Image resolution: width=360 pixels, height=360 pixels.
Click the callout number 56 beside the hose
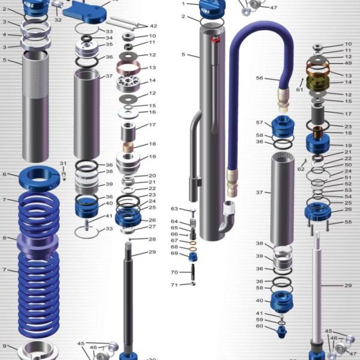click(x=260, y=78)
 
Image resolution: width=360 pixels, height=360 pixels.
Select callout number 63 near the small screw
click(x=174, y=209)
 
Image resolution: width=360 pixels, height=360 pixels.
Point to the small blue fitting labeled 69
click(x=194, y=256)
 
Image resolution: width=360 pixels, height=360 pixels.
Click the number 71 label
click(x=174, y=284)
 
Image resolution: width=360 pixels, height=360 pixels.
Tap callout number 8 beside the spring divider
click(x=5, y=238)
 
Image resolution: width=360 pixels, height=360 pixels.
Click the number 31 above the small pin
click(x=63, y=164)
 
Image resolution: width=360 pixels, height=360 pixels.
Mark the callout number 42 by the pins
click(x=153, y=26)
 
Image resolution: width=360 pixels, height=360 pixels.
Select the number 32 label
click(x=58, y=20)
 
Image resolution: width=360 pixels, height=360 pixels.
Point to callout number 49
click(x=348, y=63)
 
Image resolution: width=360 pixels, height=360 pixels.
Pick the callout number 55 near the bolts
click(x=348, y=222)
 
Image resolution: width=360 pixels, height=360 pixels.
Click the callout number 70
click(x=174, y=272)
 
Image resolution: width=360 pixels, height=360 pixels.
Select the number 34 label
click(x=109, y=38)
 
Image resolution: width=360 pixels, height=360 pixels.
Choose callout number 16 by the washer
click(x=152, y=112)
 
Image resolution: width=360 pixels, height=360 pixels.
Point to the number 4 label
click(x=5, y=34)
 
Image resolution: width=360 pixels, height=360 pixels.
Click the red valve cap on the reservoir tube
click(x=216, y=40)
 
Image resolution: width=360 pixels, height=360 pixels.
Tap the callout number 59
click(x=259, y=320)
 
